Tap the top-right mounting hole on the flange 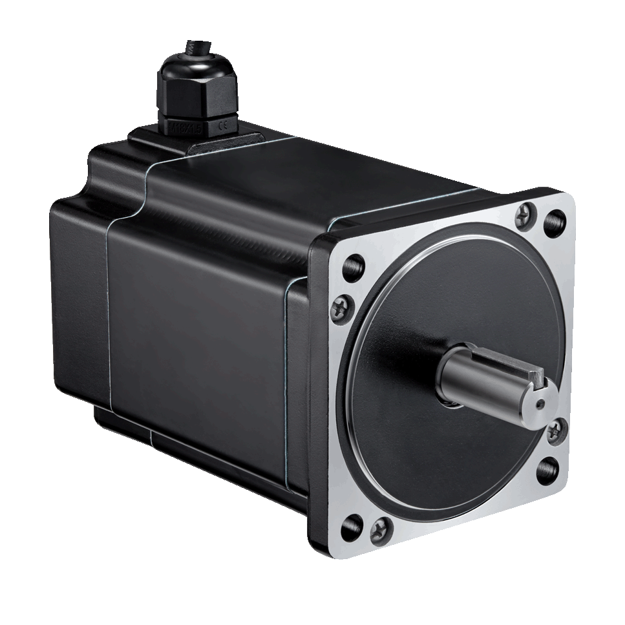click(555, 223)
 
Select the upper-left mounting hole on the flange click(353, 268)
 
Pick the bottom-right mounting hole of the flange click(547, 470)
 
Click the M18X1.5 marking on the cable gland click(184, 127)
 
